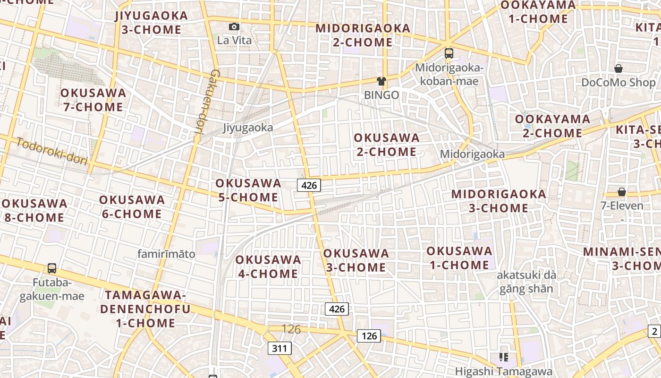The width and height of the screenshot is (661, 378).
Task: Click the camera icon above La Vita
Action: click(234, 27)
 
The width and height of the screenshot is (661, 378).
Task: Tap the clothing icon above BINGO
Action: click(381, 81)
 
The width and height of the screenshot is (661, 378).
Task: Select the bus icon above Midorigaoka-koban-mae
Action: click(449, 53)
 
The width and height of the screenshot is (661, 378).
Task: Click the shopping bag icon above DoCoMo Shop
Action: click(618, 69)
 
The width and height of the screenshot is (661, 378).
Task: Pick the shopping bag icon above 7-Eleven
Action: click(622, 191)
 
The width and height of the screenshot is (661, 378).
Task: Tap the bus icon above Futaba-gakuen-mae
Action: click(52, 268)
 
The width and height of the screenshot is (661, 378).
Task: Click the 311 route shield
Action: click(280, 349)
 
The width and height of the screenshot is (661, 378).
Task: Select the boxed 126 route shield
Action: click(369, 335)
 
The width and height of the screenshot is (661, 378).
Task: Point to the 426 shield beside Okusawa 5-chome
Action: click(309, 185)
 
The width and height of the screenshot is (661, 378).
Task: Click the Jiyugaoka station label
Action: click(248, 128)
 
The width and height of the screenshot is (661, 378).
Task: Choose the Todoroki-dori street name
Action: click(52, 151)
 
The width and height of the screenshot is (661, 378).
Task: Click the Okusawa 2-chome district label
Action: click(386, 145)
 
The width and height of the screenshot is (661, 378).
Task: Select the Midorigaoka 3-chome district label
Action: click(498, 201)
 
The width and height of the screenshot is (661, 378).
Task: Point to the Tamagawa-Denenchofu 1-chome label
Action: click(146, 309)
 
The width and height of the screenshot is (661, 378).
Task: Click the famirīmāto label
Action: click(166, 254)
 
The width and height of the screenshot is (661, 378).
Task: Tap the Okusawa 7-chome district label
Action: click(93, 100)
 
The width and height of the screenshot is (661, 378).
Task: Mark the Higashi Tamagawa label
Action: click(503, 371)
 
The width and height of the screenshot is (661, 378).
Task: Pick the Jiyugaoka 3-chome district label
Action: click(151, 23)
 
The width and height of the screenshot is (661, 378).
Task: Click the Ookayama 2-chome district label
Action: click(552, 126)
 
